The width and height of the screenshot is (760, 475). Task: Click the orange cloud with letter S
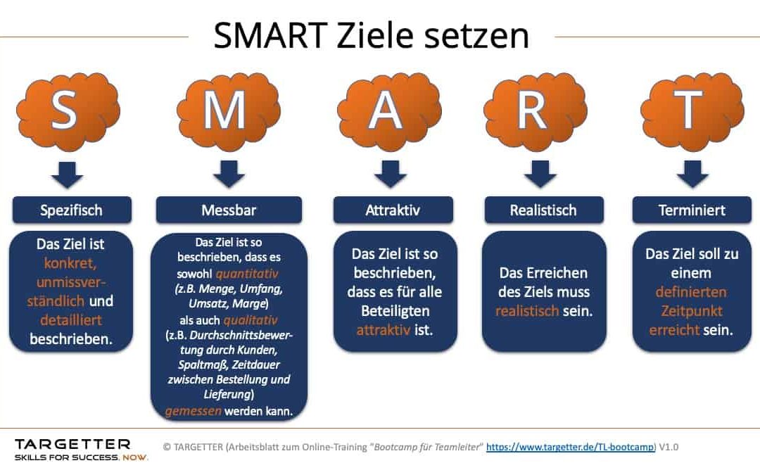pyautogui.click(x=68, y=111)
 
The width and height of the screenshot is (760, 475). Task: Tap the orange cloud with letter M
pyautogui.click(x=228, y=111)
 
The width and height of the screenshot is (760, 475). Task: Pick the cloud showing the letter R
pyautogui.click(x=536, y=111)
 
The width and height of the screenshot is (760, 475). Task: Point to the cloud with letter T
pyautogui.click(x=692, y=111)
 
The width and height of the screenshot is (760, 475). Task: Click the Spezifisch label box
pyautogui.click(x=72, y=210)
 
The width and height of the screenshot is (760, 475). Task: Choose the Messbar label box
pyautogui.click(x=229, y=210)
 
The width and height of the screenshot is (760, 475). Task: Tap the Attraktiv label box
pyautogui.click(x=393, y=210)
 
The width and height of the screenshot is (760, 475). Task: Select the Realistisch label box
pyautogui.click(x=544, y=210)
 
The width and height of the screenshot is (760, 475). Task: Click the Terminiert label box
pyautogui.click(x=692, y=210)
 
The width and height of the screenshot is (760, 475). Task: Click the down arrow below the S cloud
pyautogui.click(x=67, y=175)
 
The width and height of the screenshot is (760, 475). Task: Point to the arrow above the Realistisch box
pyautogui.click(x=540, y=175)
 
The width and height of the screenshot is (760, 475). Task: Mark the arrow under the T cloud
pyautogui.click(x=692, y=175)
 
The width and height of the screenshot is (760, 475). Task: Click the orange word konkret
pyautogui.click(x=70, y=263)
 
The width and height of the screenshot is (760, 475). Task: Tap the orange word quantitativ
pyautogui.click(x=247, y=274)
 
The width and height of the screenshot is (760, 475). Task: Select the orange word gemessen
pyautogui.click(x=193, y=412)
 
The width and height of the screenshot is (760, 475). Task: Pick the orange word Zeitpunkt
pyautogui.click(x=692, y=311)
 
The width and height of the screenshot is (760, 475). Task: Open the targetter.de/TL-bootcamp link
pyautogui.click(x=571, y=447)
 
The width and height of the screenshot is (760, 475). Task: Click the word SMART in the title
pyautogui.click(x=270, y=35)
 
